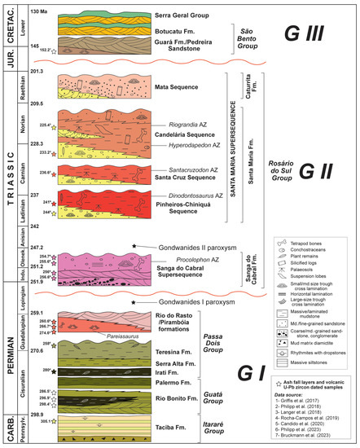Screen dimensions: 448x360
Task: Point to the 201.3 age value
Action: [35, 72]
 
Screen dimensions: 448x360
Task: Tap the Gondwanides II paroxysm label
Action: [187, 245]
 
